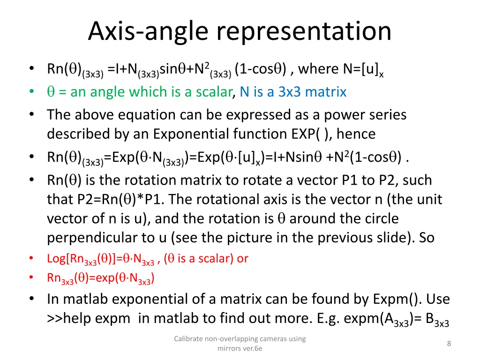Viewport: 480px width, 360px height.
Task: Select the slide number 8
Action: pos(449,344)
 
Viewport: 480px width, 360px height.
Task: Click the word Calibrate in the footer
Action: pos(187,339)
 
